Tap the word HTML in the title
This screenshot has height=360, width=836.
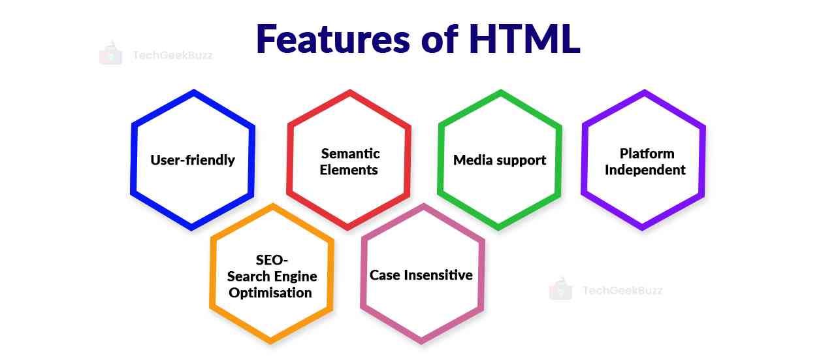[524, 39]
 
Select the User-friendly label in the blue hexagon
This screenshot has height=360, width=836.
[193, 160]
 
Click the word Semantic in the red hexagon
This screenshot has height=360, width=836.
[350, 154]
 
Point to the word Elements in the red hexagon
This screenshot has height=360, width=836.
[349, 170]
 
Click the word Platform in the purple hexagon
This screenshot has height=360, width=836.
[647, 154]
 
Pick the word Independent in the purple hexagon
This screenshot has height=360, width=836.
[645, 170]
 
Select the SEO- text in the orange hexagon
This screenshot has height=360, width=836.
[272, 260]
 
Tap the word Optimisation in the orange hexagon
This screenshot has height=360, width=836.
[270, 293]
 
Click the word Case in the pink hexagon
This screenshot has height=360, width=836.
[384, 275]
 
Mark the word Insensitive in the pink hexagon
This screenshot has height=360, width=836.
[437, 275]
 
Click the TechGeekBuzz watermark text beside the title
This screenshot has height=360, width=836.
[172, 56]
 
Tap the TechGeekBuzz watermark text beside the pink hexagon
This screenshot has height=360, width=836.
[622, 290]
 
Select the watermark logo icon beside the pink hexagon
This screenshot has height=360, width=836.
[560, 289]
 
